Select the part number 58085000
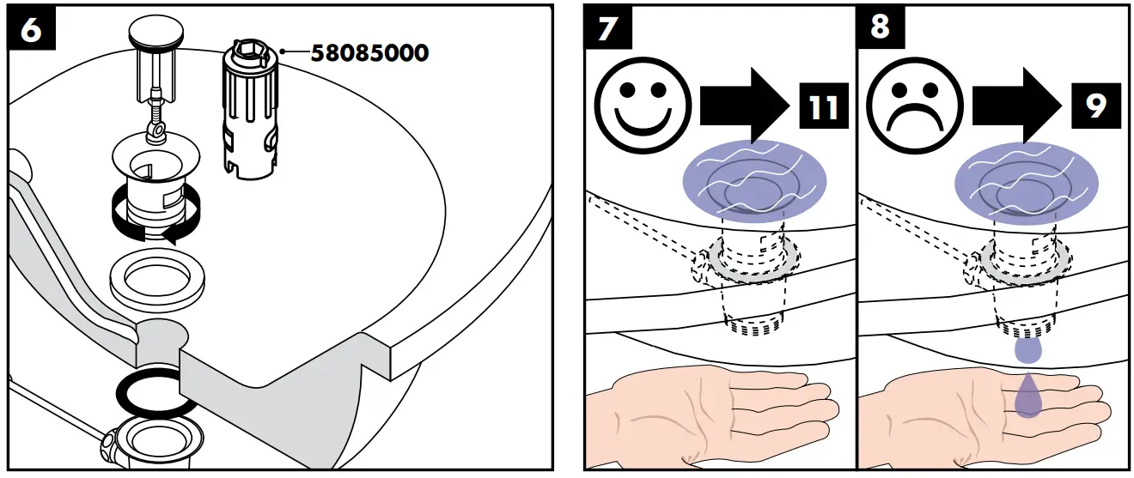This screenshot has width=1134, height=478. coord(369,53)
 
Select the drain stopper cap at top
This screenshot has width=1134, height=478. coord(154,35)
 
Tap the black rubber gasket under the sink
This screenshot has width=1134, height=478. coord(154,394)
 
